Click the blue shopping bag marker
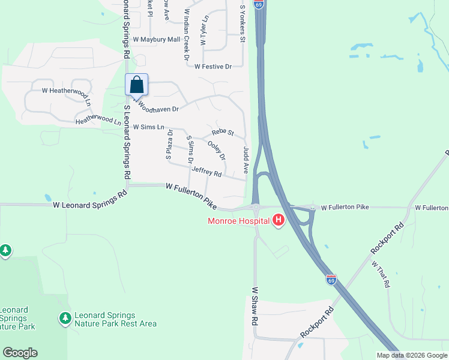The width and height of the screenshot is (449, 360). (x=137, y=84)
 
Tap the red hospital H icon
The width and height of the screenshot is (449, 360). (x=278, y=221)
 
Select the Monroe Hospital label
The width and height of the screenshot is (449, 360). (x=238, y=221)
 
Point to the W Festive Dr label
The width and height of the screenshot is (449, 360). (x=212, y=67)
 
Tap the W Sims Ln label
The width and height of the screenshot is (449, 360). (x=148, y=127)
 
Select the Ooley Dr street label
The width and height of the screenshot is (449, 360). (x=216, y=149)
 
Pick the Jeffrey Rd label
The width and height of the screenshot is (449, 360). (x=206, y=172)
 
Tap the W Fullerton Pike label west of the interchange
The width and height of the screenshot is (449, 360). (x=191, y=197)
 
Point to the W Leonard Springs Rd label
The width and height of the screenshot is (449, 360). (x=90, y=200)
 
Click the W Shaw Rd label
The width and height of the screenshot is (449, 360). (x=255, y=306)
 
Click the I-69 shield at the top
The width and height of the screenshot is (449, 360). (x=258, y=4)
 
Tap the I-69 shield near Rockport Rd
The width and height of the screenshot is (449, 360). (x=331, y=280)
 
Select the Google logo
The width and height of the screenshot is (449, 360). (x=20, y=353)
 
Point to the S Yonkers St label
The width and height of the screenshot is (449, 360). (x=243, y=24)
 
